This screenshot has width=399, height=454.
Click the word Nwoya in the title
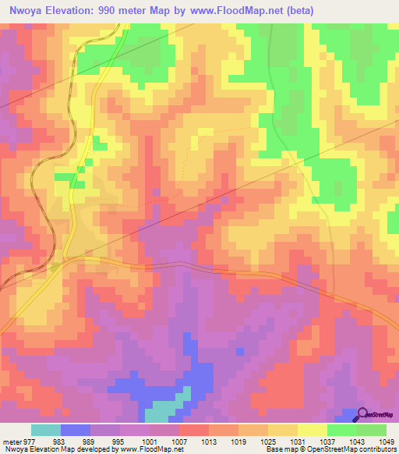click(23, 11)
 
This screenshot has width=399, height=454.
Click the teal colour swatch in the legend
click(46, 430)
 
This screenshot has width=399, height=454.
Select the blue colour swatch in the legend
click(76, 430)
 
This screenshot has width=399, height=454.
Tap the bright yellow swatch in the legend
click(312, 430)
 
